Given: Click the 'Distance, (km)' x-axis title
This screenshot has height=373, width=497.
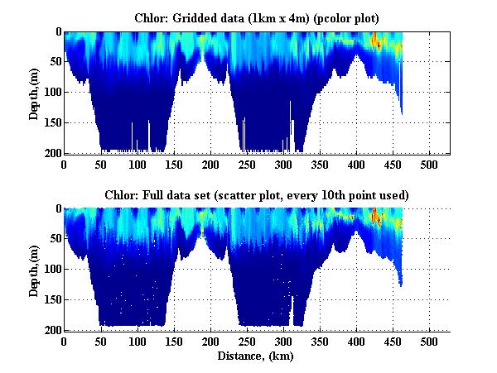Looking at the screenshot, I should tap(257, 356).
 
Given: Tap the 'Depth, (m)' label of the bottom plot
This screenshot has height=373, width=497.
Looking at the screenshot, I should tap(34, 270).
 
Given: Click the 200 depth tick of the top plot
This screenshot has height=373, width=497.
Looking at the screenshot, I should tap(51, 154).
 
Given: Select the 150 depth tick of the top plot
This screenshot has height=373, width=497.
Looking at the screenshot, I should tap(51, 123).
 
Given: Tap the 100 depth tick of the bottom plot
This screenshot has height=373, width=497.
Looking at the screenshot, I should tap(51, 270).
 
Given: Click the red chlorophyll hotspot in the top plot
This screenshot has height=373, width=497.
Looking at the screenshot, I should tap(374, 40).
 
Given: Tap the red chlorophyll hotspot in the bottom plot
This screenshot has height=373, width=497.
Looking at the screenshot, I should tap(374, 217).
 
